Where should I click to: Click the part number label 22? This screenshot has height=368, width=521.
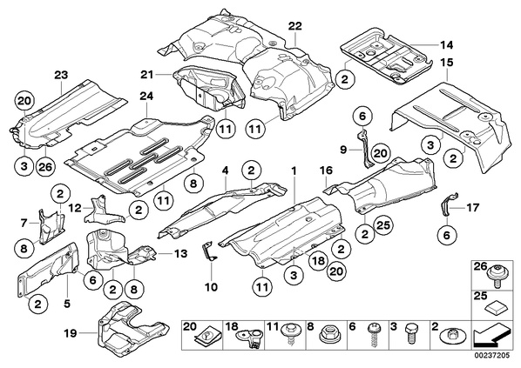click(x=295, y=25)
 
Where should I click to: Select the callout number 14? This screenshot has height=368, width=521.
click(x=447, y=44)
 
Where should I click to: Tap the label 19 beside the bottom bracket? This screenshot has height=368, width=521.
click(x=70, y=333)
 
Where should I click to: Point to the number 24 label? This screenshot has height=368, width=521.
click(x=146, y=97)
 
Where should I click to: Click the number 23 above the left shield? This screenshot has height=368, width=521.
click(x=61, y=75)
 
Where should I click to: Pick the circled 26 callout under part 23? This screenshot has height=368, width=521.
click(x=45, y=166)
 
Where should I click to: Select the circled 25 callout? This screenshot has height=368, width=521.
click(x=383, y=225)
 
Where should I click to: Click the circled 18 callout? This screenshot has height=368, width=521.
click(x=318, y=260)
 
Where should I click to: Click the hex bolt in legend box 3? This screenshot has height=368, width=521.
click(x=410, y=336)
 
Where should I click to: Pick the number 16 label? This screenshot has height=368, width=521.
click(x=327, y=171)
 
